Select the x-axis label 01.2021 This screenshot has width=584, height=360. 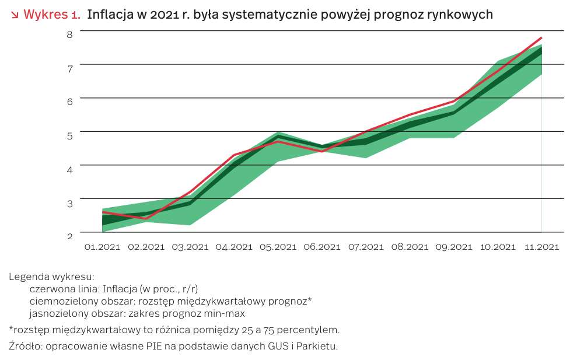(102, 247)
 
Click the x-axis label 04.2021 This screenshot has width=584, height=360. (234, 247)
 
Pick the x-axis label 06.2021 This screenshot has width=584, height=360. (322, 247)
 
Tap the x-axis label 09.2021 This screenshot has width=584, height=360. (454, 247)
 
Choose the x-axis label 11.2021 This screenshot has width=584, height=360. (542, 247)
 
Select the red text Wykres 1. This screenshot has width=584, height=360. (51, 15)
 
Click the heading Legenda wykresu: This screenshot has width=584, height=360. (51, 277)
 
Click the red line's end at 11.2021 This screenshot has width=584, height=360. (542, 38)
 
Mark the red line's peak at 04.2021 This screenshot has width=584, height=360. (234, 155)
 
